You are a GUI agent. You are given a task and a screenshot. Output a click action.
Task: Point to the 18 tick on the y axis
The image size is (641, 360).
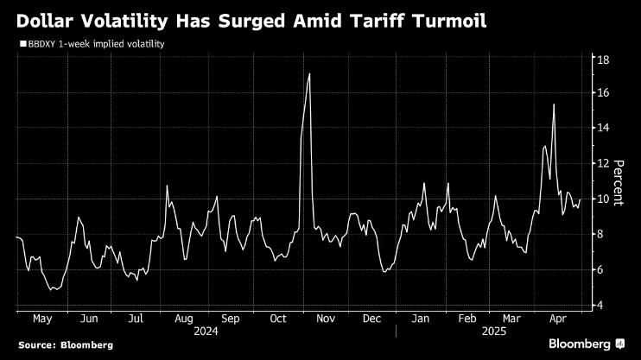click(605, 60)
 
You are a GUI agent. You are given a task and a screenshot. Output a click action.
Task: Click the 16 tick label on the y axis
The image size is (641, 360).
click(605, 92)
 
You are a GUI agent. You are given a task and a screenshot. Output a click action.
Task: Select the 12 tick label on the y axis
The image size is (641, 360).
click(605, 163)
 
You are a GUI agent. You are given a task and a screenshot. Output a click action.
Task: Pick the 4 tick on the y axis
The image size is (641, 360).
click(602, 306)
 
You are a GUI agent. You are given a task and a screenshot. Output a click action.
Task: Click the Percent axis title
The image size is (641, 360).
click(618, 181)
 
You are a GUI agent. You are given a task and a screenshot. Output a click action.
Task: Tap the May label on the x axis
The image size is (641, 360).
click(41, 318)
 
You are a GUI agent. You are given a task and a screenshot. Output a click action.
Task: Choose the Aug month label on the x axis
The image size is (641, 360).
click(183, 318)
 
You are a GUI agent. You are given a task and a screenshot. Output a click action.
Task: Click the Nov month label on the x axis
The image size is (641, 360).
click(325, 318)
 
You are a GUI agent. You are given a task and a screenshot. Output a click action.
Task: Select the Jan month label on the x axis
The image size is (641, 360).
click(420, 318)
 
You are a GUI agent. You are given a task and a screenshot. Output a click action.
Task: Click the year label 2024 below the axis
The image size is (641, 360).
click(206, 331)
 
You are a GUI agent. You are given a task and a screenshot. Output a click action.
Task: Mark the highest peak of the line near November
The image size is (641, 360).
click(309, 74)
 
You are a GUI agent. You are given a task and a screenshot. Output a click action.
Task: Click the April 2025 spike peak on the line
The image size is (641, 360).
click(554, 104)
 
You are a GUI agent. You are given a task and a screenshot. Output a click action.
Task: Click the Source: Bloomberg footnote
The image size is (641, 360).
click(65, 344)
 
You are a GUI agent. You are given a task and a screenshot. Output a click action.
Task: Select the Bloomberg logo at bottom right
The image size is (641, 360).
click(587, 344)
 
